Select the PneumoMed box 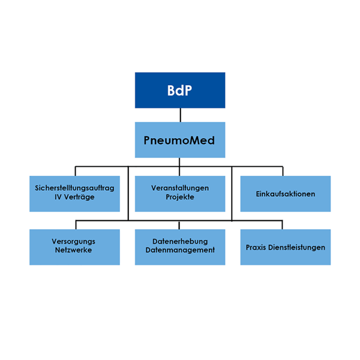[180, 139]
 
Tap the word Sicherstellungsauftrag [74, 188]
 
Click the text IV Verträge [74, 197]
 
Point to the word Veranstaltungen [180, 188]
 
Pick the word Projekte [180, 197]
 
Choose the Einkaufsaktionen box [285, 193]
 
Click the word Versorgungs [74, 241]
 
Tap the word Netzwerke [74, 250]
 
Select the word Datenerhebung [180, 241]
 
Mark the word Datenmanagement [180, 250]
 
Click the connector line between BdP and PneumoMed [180, 115]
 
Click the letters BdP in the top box [180, 91]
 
